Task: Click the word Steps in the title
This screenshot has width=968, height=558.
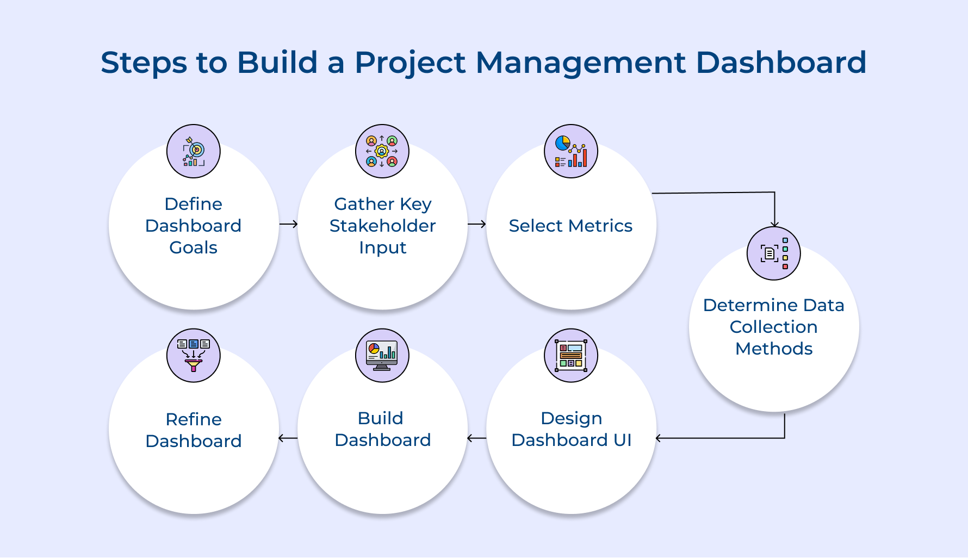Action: [x=144, y=63]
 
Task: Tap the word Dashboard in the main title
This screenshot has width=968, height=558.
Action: [x=781, y=62]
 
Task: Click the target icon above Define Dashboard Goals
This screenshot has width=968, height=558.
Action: [x=194, y=151]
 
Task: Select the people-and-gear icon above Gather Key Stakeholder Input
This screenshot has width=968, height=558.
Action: [x=382, y=151]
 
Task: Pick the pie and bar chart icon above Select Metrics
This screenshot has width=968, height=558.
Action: [x=571, y=151]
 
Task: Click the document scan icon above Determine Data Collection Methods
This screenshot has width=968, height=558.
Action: [x=773, y=253]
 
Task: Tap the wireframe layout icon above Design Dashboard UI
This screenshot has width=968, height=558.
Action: [x=571, y=355]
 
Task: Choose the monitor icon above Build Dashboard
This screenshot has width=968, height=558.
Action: [x=382, y=355]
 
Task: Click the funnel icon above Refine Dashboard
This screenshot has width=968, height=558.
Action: [x=194, y=355]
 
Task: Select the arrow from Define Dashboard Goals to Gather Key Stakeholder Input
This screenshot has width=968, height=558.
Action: [x=289, y=224]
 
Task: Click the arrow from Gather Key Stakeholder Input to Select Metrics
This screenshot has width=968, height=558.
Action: [x=477, y=224]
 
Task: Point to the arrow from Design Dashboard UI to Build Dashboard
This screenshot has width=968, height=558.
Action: [x=477, y=438]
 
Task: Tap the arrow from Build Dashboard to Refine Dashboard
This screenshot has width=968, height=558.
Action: [x=288, y=438]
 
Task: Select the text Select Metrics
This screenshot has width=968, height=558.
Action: [x=570, y=226]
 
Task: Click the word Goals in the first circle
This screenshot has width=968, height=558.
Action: [x=193, y=247]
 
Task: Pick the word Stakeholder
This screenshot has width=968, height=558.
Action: [x=382, y=226]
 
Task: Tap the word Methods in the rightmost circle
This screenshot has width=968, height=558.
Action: [x=774, y=349]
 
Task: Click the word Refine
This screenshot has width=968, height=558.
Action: [x=194, y=419]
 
